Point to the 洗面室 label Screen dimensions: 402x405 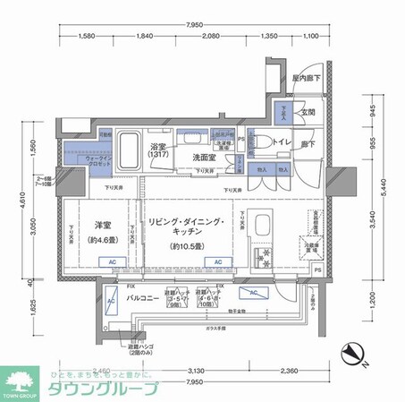click(207, 158)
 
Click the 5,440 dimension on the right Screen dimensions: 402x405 click(382, 184)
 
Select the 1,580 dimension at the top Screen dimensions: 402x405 click(87, 37)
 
